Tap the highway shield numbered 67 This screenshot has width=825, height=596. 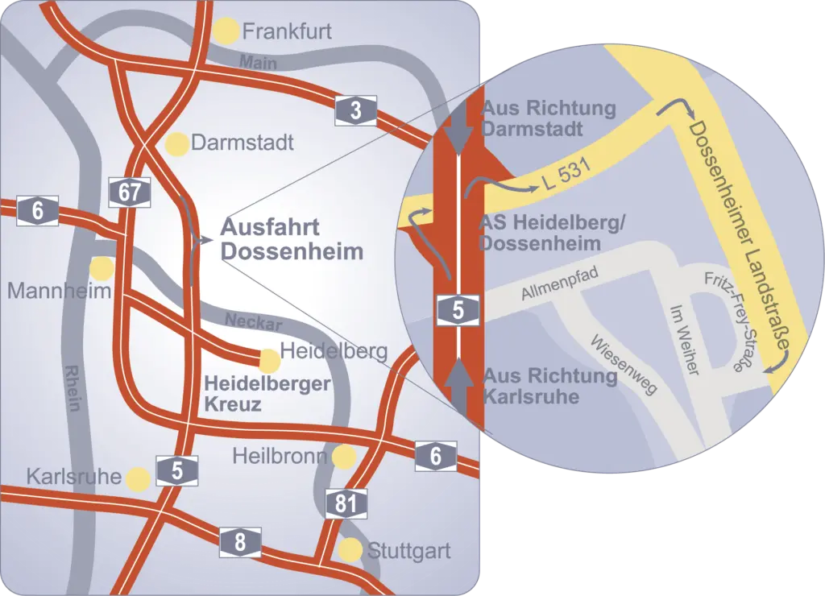(x=129, y=192)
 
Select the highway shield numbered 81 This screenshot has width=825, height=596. (x=346, y=504)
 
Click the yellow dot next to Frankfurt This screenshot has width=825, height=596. (x=226, y=31)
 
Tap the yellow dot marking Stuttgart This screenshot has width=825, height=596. (x=350, y=550)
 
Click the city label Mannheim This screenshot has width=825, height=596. (x=59, y=290)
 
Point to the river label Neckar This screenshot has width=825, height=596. (x=253, y=323)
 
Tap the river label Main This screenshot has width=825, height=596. (x=259, y=62)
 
